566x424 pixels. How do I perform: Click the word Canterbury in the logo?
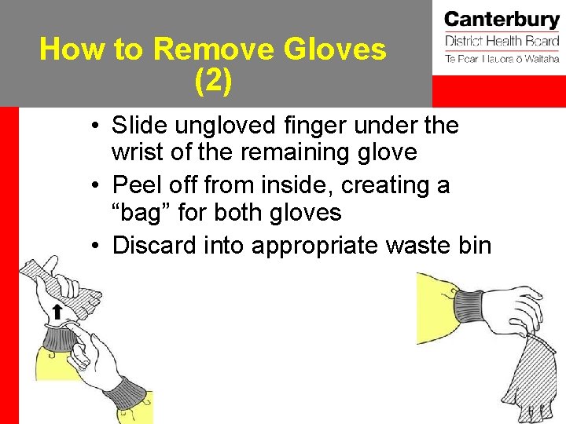click(501, 19)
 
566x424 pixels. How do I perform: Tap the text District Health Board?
click(501, 41)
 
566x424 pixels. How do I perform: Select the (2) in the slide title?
click(212, 81)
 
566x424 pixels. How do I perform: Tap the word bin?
click(473, 245)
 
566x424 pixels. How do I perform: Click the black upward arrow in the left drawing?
click(57, 312)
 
